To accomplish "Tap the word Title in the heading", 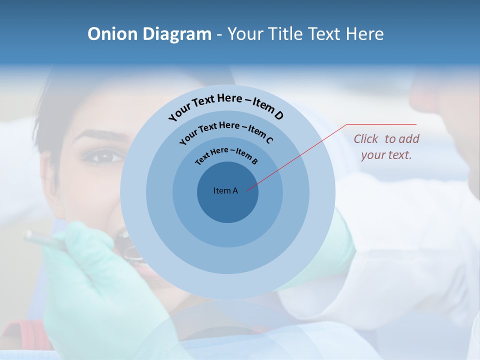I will (286, 34).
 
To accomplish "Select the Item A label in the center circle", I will (225, 190).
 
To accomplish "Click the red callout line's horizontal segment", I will (381, 124).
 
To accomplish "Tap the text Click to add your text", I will (386, 146).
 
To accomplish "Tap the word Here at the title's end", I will (365, 34).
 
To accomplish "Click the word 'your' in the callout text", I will (372, 155).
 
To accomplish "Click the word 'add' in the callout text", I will (409, 138).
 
